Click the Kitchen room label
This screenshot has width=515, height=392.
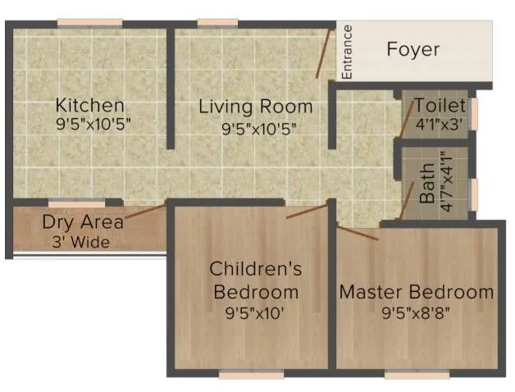[89, 106]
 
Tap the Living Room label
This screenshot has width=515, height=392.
[257, 107]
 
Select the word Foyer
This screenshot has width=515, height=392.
[412, 49]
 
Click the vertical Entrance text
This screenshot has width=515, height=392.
[347, 52]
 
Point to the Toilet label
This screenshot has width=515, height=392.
[440, 106]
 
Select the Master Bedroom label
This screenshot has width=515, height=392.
[417, 292]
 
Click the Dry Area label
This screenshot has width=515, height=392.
[83, 222]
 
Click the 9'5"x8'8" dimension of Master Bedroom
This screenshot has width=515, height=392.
[417, 313]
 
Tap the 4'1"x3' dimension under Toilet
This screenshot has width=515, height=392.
[440, 126]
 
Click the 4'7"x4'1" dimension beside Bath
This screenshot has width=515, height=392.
[446, 182]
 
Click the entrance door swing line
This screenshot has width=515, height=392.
[325, 53]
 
